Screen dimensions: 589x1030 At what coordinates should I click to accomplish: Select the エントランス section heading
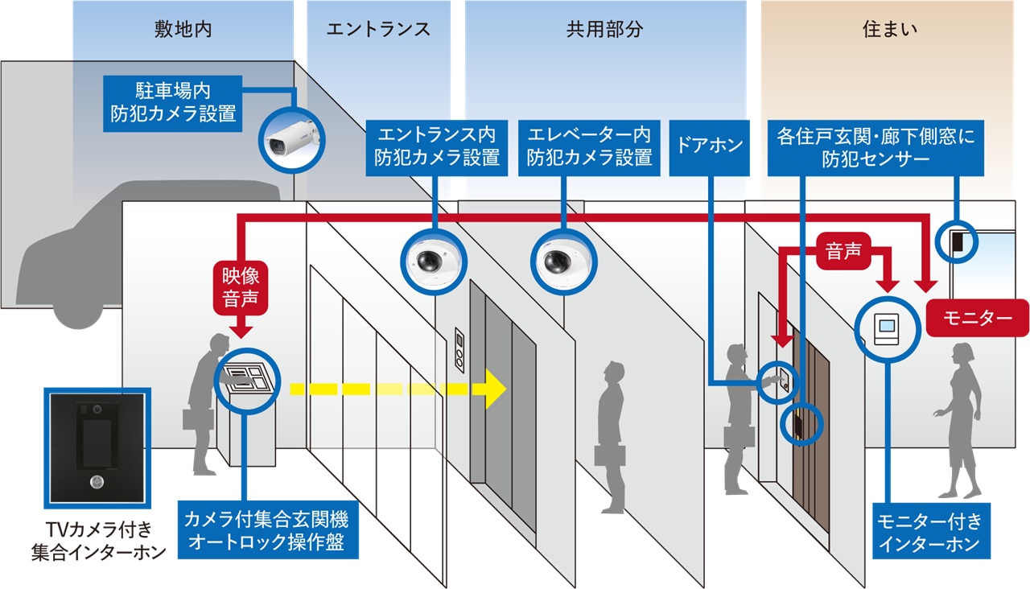pyautogui.click(x=378, y=30)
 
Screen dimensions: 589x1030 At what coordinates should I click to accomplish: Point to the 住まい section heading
pyautogui.click(x=890, y=30)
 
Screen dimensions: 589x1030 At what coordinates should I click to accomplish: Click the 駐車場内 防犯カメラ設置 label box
pyautogui.click(x=174, y=101)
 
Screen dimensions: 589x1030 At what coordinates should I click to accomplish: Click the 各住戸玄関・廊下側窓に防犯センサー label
pyautogui.click(x=875, y=146)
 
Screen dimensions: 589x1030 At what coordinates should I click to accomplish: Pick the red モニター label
pyautogui.click(x=977, y=318)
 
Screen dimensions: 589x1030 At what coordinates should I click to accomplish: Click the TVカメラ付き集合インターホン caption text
pyautogui.click(x=97, y=541)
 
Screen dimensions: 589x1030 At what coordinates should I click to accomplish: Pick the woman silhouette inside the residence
pyautogui.click(x=959, y=418)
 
